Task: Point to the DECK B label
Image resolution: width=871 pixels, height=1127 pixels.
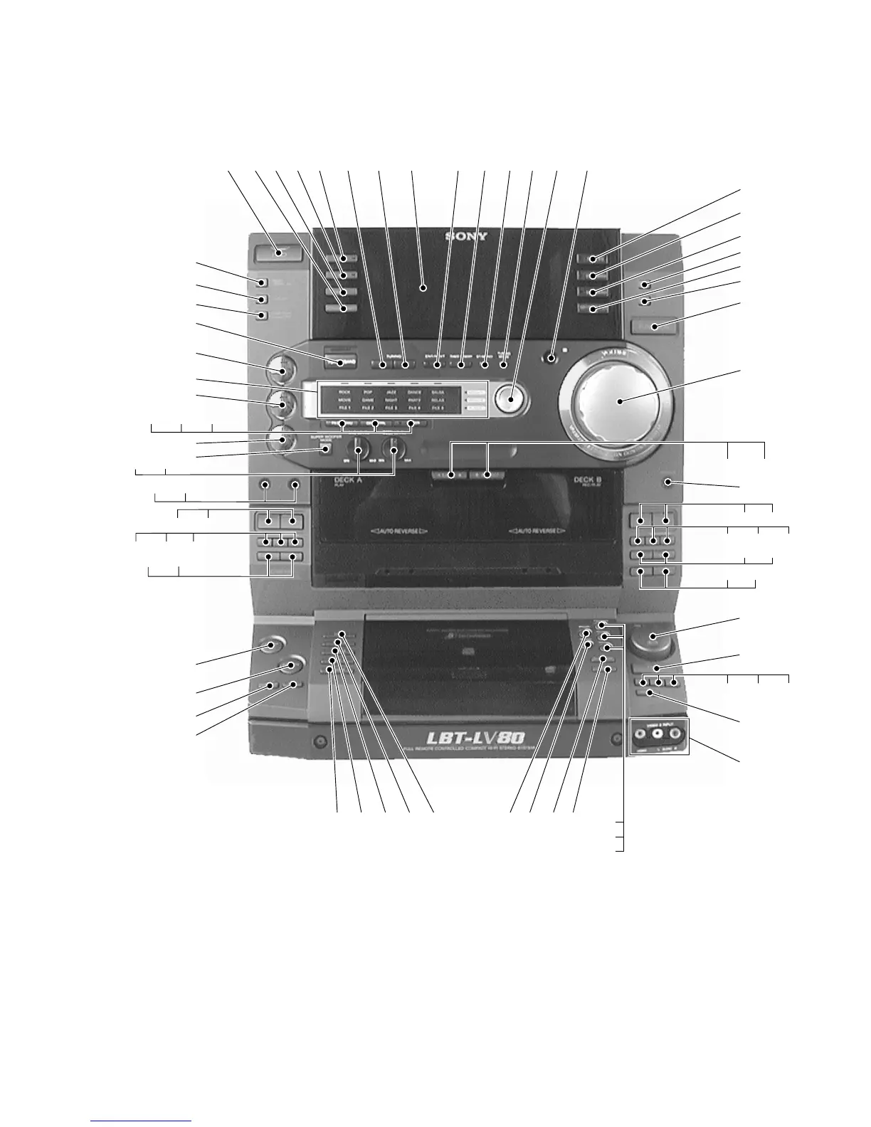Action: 588,481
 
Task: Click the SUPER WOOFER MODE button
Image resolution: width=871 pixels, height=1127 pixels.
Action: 326,450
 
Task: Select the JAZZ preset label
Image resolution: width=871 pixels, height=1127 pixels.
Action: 391,392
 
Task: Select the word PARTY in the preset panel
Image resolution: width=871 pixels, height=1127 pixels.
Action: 414,401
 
